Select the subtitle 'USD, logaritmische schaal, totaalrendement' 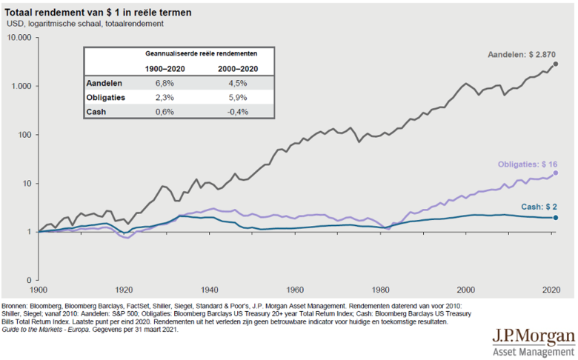85,24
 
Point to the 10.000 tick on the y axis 17,37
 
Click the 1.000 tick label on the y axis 20,86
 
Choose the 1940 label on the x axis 210,289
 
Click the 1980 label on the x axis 381,289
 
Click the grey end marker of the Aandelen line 555,64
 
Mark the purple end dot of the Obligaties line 556,173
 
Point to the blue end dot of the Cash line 556,218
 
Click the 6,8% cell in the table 165,84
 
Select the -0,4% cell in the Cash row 238,112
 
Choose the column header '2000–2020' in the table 238,69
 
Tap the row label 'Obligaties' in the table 106,98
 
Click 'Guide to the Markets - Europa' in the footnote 53,330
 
